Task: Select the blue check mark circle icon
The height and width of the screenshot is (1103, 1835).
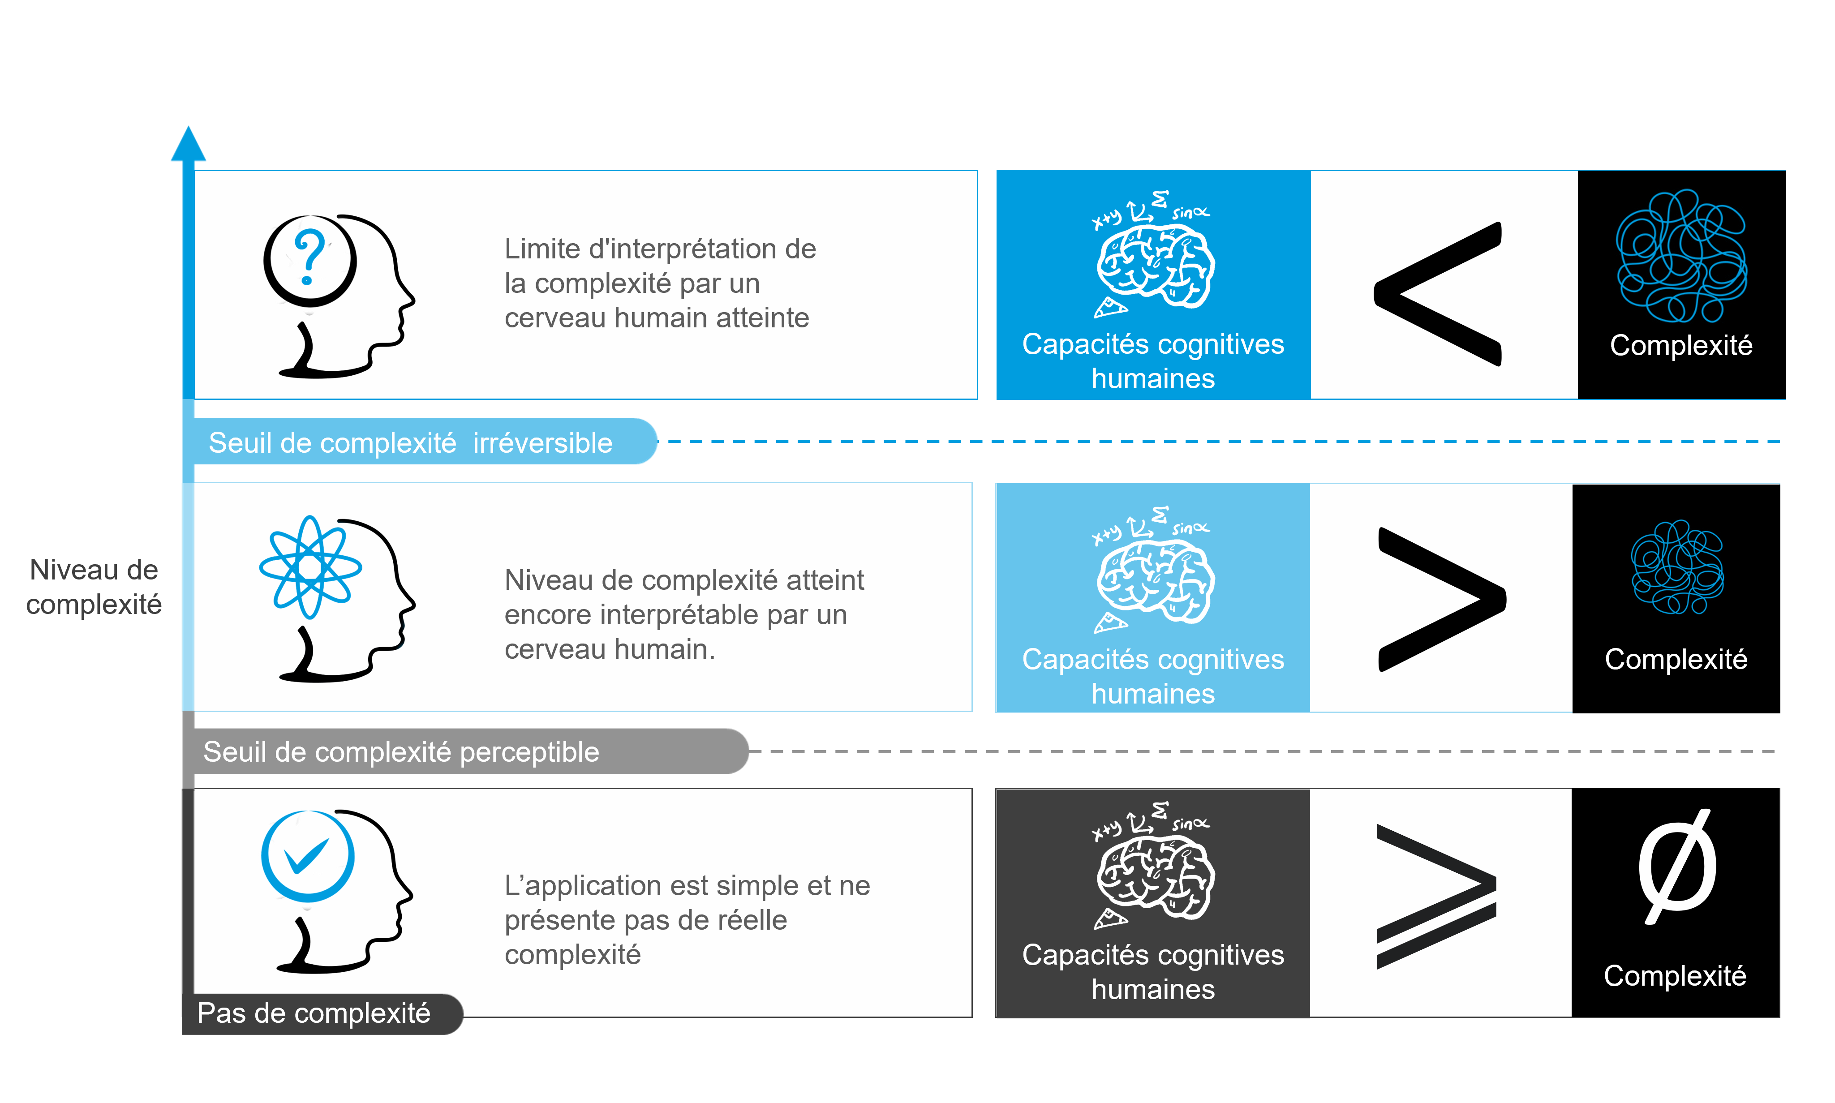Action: [x=308, y=856]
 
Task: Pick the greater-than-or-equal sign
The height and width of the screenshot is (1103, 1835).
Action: [x=1436, y=896]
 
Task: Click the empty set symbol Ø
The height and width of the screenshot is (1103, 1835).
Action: [x=1677, y=867]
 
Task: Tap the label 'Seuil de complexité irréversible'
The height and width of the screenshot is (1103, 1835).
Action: [x=410, y=443]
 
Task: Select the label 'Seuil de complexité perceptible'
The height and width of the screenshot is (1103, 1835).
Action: [x=401, y=752]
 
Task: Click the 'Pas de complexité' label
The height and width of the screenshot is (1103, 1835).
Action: [x=314, y=1013]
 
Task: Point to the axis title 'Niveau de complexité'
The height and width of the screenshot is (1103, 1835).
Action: [x=94, y=587]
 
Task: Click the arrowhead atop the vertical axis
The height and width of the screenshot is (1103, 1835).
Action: [x=189, y=143]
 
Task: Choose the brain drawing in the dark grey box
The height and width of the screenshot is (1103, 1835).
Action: [x=1155, y=877]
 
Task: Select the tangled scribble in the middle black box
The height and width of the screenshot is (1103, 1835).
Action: [x=1677, y=567]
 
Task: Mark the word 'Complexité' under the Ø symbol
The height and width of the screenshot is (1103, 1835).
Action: [x=1675, y=976]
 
